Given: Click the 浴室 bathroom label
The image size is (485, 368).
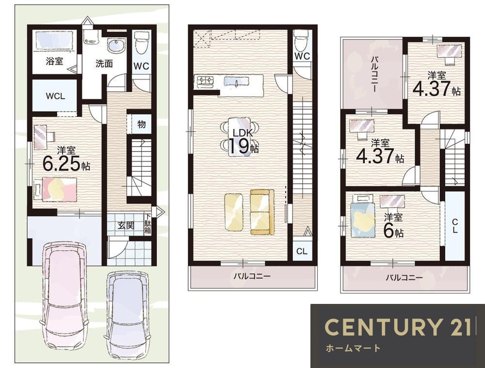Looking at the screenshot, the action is (54, 61).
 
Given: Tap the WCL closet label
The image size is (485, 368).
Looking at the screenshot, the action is (55, 96).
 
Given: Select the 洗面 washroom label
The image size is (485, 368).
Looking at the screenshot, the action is (104, 64).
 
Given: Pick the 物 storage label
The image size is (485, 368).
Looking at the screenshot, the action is (141, 124).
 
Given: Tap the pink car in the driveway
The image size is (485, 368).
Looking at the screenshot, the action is (64, 297).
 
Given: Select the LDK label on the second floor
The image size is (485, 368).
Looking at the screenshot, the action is (243, 134).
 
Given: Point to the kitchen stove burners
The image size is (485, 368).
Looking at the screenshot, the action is (205, 81).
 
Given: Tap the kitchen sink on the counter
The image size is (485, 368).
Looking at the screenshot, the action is (237, 82).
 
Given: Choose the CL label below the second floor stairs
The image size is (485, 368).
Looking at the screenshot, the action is (302, 251).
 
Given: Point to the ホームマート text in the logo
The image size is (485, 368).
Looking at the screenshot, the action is (353, 348).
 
